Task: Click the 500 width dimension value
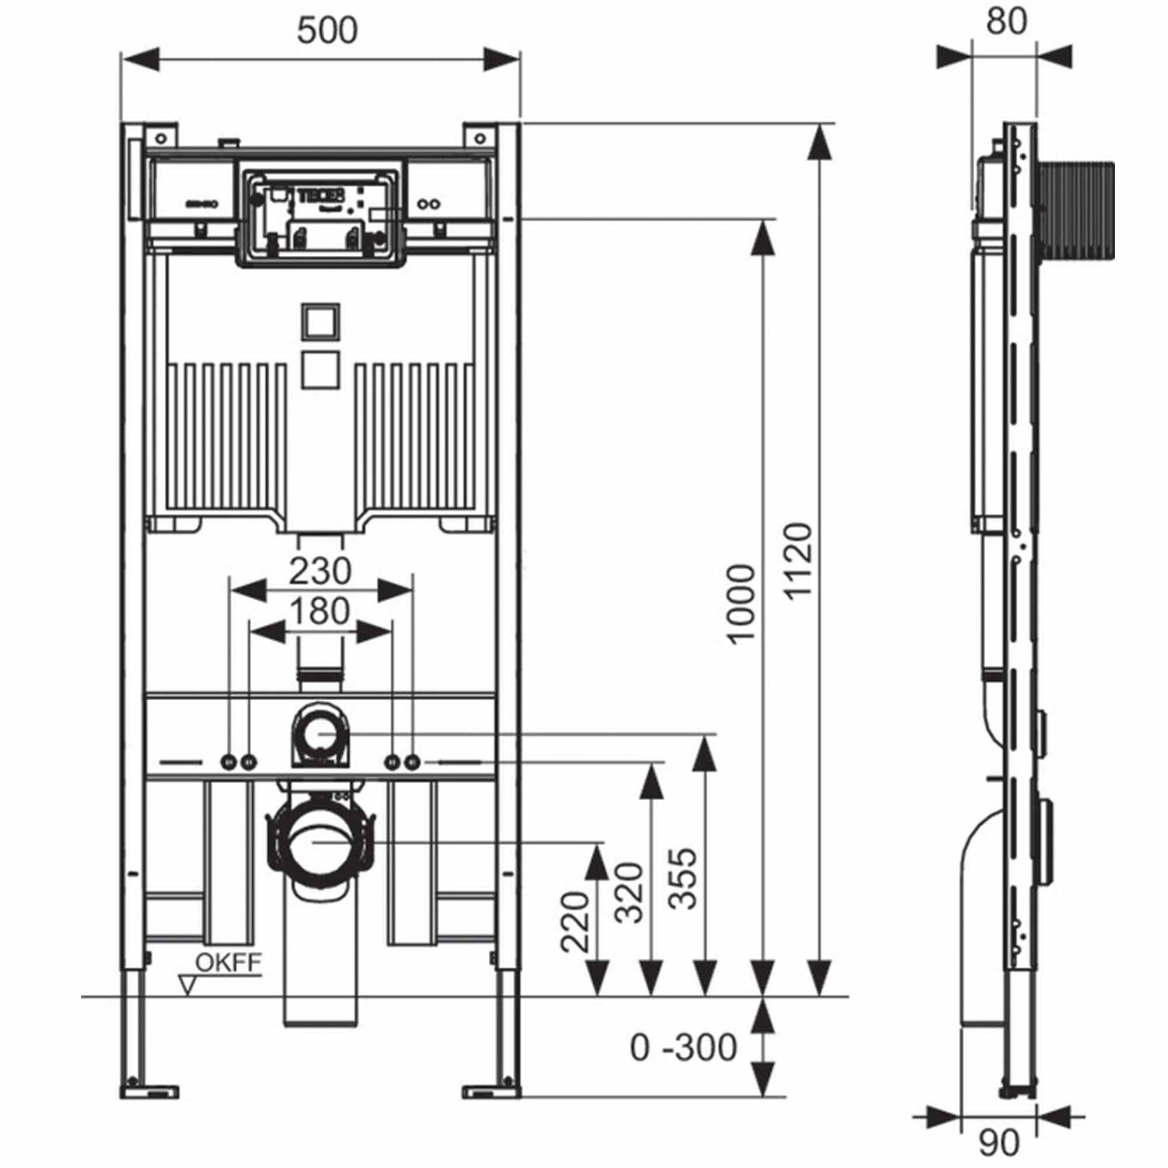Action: tap(327, 30)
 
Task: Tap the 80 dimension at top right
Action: tap(1007, 22)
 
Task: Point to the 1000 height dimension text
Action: tap(741, 604)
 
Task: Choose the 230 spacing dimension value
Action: tap(320, 571)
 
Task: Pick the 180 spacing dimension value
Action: tap(320, 611)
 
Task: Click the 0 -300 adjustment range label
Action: tap(683, 1048)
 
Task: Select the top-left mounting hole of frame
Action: tap(161, 139)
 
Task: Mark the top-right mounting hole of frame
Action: tap(479, 139)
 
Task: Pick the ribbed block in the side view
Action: tap(1077, 210)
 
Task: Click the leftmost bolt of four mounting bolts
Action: tap(228, 762)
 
